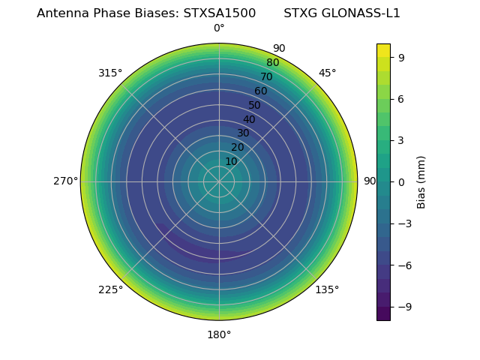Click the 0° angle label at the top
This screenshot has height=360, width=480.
click(219, 28)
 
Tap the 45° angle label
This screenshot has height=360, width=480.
click(327, 73)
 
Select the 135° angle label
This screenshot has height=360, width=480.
click(327, 289)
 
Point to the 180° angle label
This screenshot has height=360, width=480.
click(219, 334)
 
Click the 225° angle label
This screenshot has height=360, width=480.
click(110, 289)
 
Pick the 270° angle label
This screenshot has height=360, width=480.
click(65, 181)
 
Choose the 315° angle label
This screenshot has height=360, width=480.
click(110, 73)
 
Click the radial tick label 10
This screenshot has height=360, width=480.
click(231, 161)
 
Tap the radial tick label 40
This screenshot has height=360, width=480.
click(249, 119)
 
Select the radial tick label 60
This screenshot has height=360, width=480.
click(261, 91)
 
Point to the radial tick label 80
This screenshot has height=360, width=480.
click(272, 63)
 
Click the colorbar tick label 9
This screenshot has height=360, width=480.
click(402, 57)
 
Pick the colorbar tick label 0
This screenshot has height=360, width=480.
click(402, 181)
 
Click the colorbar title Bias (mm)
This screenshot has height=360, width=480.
click(421, 181)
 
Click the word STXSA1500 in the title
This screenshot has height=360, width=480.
click(220, 13)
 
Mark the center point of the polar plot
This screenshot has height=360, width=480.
click(219, 181)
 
